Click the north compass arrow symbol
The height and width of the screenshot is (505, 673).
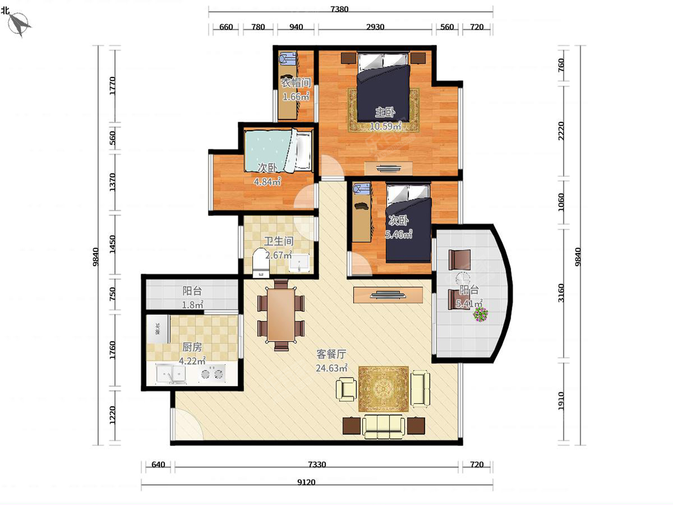(x=19, y=24)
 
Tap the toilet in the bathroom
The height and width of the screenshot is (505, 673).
(x=261, y=263)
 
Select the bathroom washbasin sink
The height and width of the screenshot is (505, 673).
(x=299, y=263)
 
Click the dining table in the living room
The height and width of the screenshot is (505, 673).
(x=281, y=315)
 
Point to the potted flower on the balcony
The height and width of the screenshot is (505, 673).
(x=481, y=315)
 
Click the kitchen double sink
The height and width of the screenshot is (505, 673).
(x=171, y=374)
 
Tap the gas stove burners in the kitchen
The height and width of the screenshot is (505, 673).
(x=212, y=374)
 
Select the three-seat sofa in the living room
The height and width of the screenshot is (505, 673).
(x=384, y=427)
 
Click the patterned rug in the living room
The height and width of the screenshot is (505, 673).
(x=383, y=389)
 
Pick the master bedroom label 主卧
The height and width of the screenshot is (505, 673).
(x=385, y=113)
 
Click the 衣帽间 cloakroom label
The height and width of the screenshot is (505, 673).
(x=296, y=83)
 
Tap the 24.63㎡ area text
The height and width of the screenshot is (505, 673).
(x=331, y=368)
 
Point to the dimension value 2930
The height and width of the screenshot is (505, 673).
(x=375, y=27)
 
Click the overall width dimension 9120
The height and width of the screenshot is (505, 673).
(x=306, y=483)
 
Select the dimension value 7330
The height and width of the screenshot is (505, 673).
(x=317, y=465)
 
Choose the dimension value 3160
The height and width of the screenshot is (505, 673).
(x=561, y=293)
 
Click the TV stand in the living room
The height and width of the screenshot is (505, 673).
(x=388, y=295)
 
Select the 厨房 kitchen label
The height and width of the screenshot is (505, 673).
(x=192, y=347)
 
